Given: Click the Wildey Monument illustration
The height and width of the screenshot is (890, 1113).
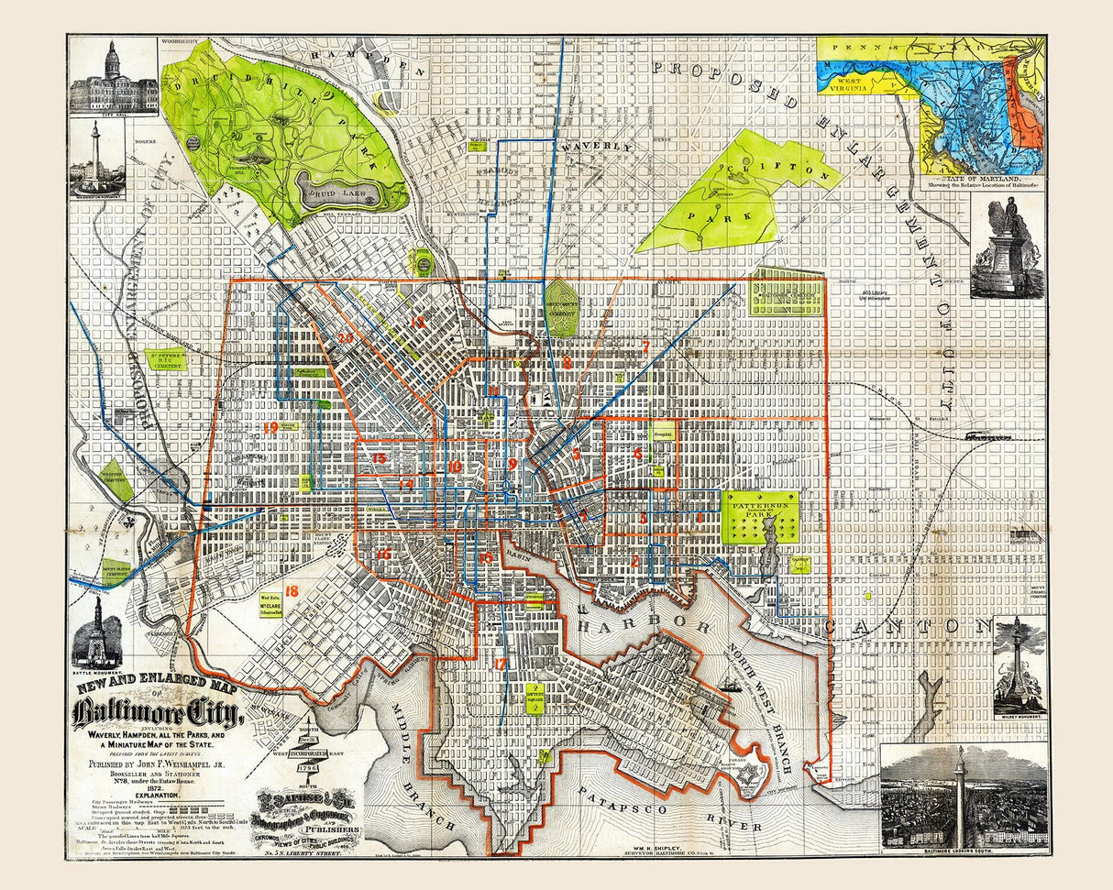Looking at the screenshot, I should [x=1019, y=665].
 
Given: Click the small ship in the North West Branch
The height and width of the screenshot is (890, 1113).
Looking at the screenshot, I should [x=731, y=683].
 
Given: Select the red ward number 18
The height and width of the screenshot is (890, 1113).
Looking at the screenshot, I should [x=292, y=592].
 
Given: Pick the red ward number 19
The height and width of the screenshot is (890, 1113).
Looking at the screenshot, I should [x=270, y=428].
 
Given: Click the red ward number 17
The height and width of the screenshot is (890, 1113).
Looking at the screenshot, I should [x=500, y=664].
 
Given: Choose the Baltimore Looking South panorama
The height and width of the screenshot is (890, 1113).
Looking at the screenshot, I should [x=963, y=797].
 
